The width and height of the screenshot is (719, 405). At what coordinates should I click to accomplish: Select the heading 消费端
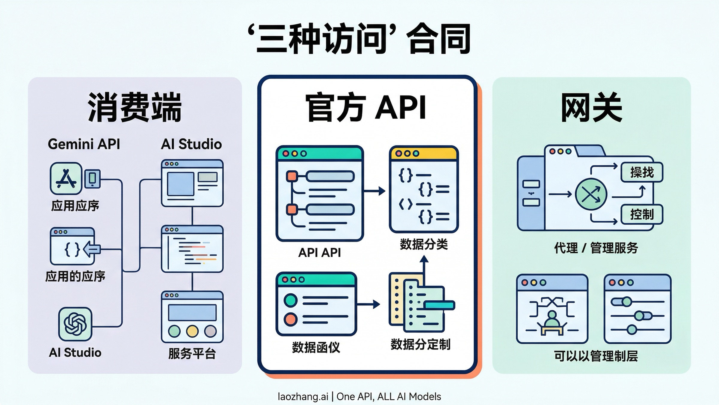click(x=135, y=107)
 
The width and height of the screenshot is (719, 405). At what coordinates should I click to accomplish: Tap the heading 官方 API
click(x=366, y=108)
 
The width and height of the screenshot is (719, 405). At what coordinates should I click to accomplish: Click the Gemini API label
click(x=84, y=144)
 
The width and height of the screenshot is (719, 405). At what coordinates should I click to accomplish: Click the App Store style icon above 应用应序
click(x=66, y=178)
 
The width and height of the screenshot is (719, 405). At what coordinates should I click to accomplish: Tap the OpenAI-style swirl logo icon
click(x=75, y=324)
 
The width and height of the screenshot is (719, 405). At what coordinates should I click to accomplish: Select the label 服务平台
click(x=192, y=353)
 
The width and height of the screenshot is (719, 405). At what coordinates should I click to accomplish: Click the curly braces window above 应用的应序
click(x=73, y=246)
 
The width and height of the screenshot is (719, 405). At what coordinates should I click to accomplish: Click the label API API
click(x=319, y=253)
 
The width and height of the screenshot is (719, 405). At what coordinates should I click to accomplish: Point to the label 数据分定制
click(x=420, y=344)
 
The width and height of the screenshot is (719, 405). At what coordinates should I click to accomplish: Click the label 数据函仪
click(x=316, y=347)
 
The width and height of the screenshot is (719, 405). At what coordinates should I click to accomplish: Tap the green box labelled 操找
click(x=642, y=172)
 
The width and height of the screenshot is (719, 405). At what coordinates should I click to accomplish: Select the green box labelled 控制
click(x=642, y=214)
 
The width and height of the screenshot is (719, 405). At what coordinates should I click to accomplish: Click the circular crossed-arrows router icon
click(x=591, y=194)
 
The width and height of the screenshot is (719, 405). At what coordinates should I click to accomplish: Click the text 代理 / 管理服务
click(x=596, y=248)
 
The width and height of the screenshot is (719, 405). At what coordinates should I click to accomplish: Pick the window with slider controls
click(x=637, y=309)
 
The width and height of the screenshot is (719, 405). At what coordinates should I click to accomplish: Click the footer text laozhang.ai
click(x=303, y=397)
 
